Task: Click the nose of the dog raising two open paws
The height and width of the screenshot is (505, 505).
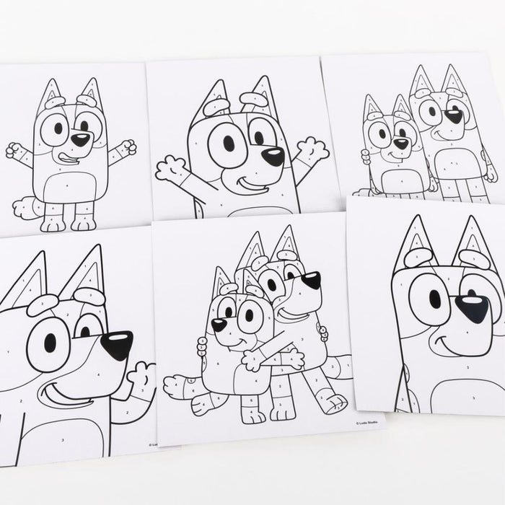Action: [273, 156]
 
